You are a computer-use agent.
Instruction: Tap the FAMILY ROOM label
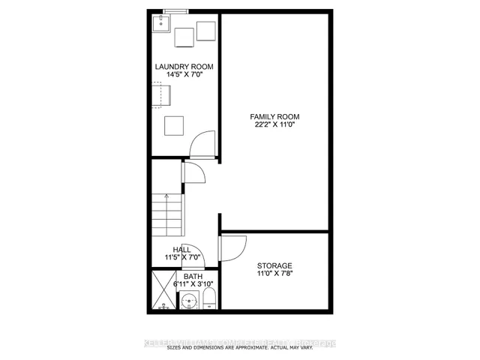[x=274, y=116]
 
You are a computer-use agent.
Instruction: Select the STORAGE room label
[x=274, y=265]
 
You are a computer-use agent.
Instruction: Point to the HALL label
[x=181, y=249]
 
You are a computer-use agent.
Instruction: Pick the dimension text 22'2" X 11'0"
[x=274, y=125]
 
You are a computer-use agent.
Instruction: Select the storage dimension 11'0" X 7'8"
[x=274, y=274]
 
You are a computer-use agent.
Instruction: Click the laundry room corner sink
[x=160, y=24]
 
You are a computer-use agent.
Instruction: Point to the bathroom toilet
[x=209, y=299]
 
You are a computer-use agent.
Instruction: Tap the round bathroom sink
[x=190, y=302]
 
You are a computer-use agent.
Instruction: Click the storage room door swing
[x=232, y=249]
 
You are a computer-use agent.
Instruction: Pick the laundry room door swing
[x=202, y=145]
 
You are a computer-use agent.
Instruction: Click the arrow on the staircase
[x=166, y=196]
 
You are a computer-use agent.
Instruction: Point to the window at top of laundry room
[x=175, y=11]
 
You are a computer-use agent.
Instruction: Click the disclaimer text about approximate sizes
[x=240, y=347]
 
